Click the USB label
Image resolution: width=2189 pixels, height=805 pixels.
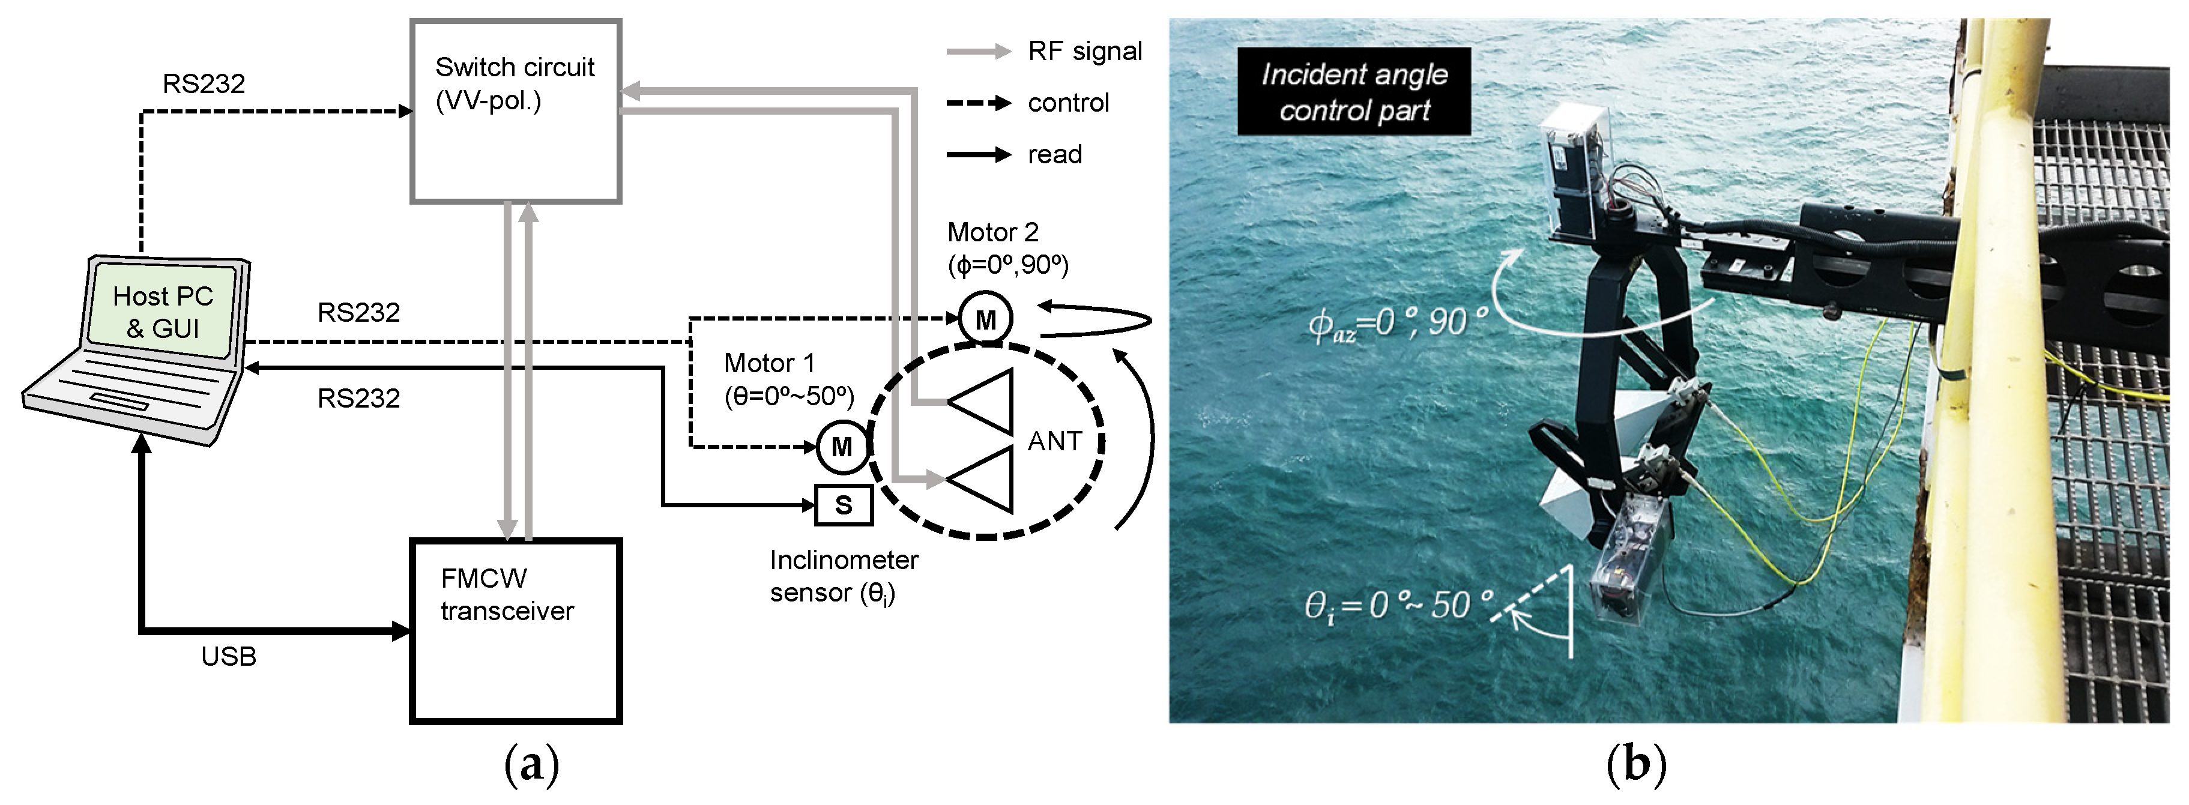click(229, 656)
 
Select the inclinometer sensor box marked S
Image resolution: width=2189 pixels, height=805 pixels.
click(843, 505)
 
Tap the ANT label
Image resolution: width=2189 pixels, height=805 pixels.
click(1054, 441)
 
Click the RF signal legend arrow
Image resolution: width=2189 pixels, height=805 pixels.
click(978, 52)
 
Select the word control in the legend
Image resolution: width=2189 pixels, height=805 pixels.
click(1068, 103)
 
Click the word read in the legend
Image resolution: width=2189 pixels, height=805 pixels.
click(1054, 155)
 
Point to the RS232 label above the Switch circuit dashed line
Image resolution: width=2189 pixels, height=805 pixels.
click(204, 83)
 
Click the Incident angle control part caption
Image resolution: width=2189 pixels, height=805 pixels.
click(1354, 92)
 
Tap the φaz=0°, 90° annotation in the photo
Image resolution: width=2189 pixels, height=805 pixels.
click(1398, 323)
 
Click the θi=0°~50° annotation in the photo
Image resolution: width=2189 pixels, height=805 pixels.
click(1398, 605)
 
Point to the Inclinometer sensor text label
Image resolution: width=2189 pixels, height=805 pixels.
click(843, 576)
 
